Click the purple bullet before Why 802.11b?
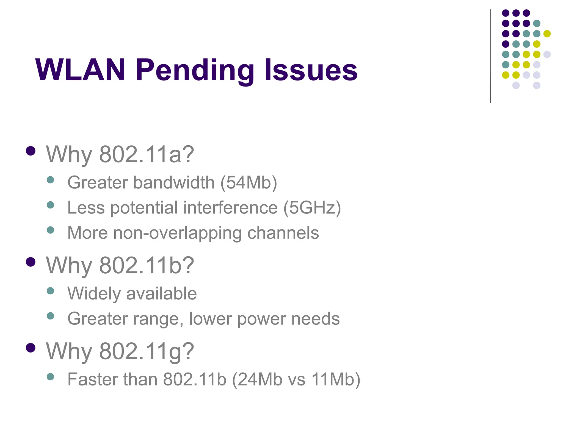pyautogui.click(x=31, y=262)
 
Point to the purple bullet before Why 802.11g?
pyautogui.click(x=31, y=348)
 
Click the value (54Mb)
pyautogui.click(x=249, y=183)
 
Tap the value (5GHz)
pyautogui.click(x=312, y=208)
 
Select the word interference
pyautogui.click(x=230, y=207)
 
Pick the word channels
pyautogui.click(x=283, y=233)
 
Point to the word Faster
pyautogui.click(x=93, y=379)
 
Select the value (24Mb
pyautogui.click(x=257, y=379)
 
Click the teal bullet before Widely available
pyautogui.click(x=50, y=291)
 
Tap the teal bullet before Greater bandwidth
pyautogui.click(x=50, y=180)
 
